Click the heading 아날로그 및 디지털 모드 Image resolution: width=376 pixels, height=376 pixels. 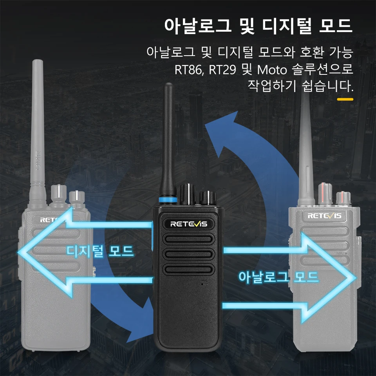258,26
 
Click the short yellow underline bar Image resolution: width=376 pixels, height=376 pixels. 345,99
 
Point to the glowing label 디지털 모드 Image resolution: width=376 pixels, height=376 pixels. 100,251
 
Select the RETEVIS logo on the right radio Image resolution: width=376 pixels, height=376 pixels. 324,216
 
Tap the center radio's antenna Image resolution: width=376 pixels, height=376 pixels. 168,141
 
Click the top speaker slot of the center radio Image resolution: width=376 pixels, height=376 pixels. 188,240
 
